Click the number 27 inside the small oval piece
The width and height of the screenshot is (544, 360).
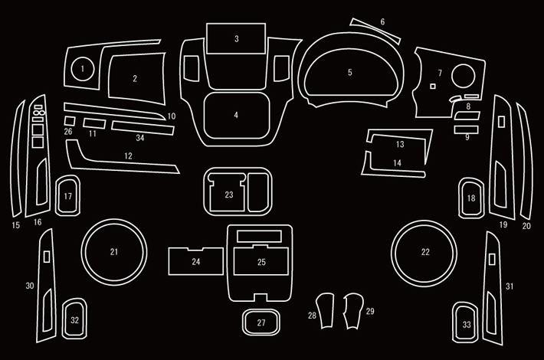coord(261,323)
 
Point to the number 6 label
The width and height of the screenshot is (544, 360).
coord(382,21)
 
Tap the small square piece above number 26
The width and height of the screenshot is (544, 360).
coord(70,121)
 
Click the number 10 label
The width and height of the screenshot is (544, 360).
coord(172,116)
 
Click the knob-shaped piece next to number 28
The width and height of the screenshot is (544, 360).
coord(326,311)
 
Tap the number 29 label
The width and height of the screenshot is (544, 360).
coord(370,311)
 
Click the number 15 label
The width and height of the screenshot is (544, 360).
coord(15,225)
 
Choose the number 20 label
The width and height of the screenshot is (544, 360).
coord(526,226)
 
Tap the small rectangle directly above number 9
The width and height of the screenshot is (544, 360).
coord(466,129)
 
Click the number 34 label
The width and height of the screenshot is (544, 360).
coord(139,138)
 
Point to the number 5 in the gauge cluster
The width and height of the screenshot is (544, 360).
coord(349,72)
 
